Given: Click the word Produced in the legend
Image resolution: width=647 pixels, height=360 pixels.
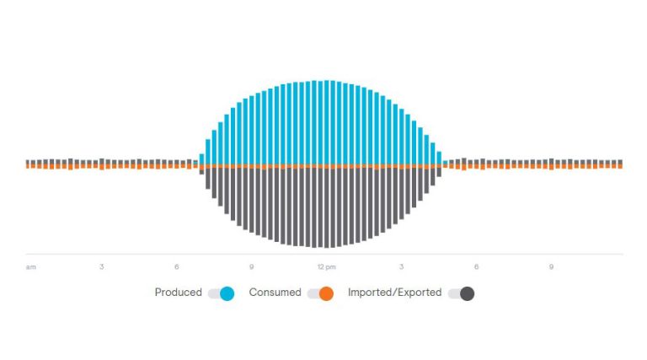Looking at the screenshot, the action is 178,293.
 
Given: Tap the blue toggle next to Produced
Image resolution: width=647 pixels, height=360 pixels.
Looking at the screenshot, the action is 222,293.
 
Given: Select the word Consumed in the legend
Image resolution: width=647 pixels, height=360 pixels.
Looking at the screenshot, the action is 275,293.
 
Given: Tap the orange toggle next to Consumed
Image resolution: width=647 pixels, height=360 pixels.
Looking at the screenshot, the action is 321,293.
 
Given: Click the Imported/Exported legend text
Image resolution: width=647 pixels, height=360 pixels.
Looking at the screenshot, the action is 394,293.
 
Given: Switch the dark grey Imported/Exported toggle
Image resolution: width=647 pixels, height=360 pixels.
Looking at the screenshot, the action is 462,293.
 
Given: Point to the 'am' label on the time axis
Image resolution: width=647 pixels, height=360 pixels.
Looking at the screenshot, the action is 31,267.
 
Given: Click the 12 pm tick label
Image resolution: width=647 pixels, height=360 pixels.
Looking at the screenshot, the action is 326,267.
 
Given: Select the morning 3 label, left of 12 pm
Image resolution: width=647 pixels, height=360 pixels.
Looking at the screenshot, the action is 101,266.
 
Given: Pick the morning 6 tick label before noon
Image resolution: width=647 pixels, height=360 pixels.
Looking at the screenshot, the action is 177,266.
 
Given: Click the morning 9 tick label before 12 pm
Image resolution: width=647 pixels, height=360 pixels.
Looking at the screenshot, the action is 251,266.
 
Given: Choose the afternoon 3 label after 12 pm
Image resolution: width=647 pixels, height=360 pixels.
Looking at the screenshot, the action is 401,266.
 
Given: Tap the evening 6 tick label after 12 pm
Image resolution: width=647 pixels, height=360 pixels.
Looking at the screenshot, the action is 476,266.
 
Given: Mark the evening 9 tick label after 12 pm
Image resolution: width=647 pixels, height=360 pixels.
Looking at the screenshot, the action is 551,266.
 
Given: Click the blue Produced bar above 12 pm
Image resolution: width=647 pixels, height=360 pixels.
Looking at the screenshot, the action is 327,122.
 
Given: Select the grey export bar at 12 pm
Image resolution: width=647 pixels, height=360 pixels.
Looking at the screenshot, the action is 327,207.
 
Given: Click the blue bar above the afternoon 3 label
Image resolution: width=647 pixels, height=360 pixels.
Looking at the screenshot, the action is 402,137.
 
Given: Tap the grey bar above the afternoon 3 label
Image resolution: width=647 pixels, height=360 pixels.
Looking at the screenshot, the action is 402,194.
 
